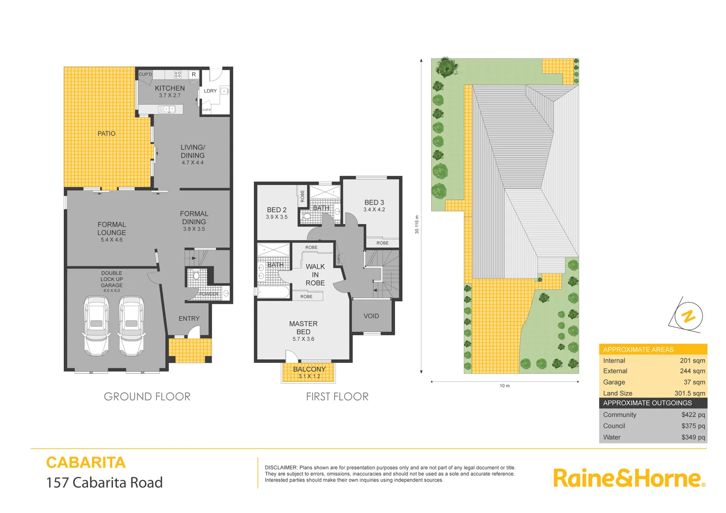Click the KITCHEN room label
[170, 88]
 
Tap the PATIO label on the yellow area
[106, 133]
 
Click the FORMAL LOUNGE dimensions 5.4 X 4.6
[112, 240]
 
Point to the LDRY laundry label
[210, 91]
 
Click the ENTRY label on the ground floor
[189, 319]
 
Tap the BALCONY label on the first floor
[309, 369]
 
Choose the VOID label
[371, 316]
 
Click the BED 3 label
[374, 202]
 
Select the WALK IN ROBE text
[315, 275]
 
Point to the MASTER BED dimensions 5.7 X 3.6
[303, 339]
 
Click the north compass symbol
[688, 316]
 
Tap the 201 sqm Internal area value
[692, 361]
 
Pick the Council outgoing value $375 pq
[693, 426]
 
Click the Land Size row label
[618, 393]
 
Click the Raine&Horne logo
[629, 478]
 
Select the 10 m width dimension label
[504, 386]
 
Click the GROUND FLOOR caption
[147, 397]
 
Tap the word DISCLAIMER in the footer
[281, 468]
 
